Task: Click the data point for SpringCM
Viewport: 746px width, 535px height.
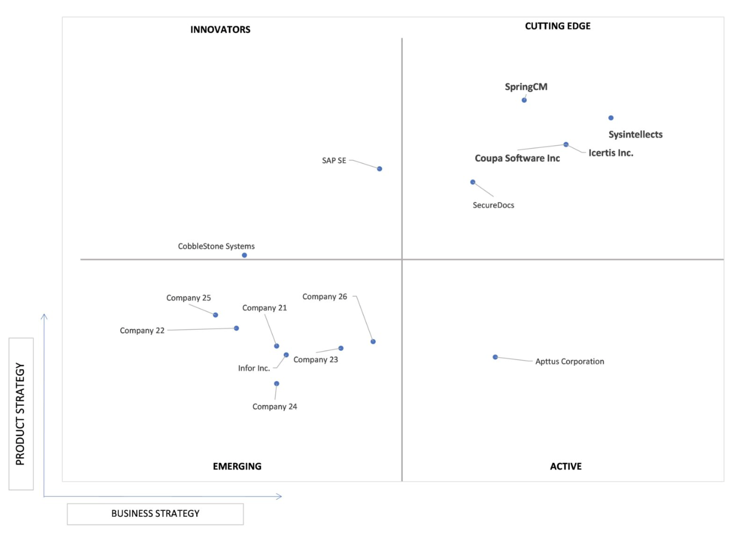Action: point(524,100)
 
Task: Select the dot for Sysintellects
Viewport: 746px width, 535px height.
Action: point(610,118)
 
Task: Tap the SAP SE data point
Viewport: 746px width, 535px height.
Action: point(379,169)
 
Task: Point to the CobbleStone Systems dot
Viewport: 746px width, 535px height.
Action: point(244,255)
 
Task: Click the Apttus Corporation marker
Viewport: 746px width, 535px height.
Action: point(495,357)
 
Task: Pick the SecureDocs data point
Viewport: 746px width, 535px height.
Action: point(472,182)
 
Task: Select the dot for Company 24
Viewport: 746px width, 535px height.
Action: point(276,384)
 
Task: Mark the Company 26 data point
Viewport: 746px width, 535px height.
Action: point(373,342)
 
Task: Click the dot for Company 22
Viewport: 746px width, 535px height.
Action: point(236,329)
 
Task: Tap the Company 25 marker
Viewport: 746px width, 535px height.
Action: point(215,315)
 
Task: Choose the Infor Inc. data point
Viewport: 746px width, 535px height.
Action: point(286,355)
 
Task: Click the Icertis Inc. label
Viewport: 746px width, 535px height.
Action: point(610,153)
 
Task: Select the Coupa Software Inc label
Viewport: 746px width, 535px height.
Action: point(517,159)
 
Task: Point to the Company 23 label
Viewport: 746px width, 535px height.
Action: point(315,360)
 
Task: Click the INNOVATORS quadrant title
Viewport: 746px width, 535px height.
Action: point(220,30)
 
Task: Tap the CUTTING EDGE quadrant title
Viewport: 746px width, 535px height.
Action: point(558,26)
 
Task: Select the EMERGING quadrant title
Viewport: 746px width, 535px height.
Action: point(237,466)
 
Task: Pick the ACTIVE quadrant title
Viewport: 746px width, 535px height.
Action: point(565,466)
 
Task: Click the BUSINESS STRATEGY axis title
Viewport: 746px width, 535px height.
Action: point(155,514)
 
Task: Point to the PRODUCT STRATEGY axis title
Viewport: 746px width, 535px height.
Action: point(20,414)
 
